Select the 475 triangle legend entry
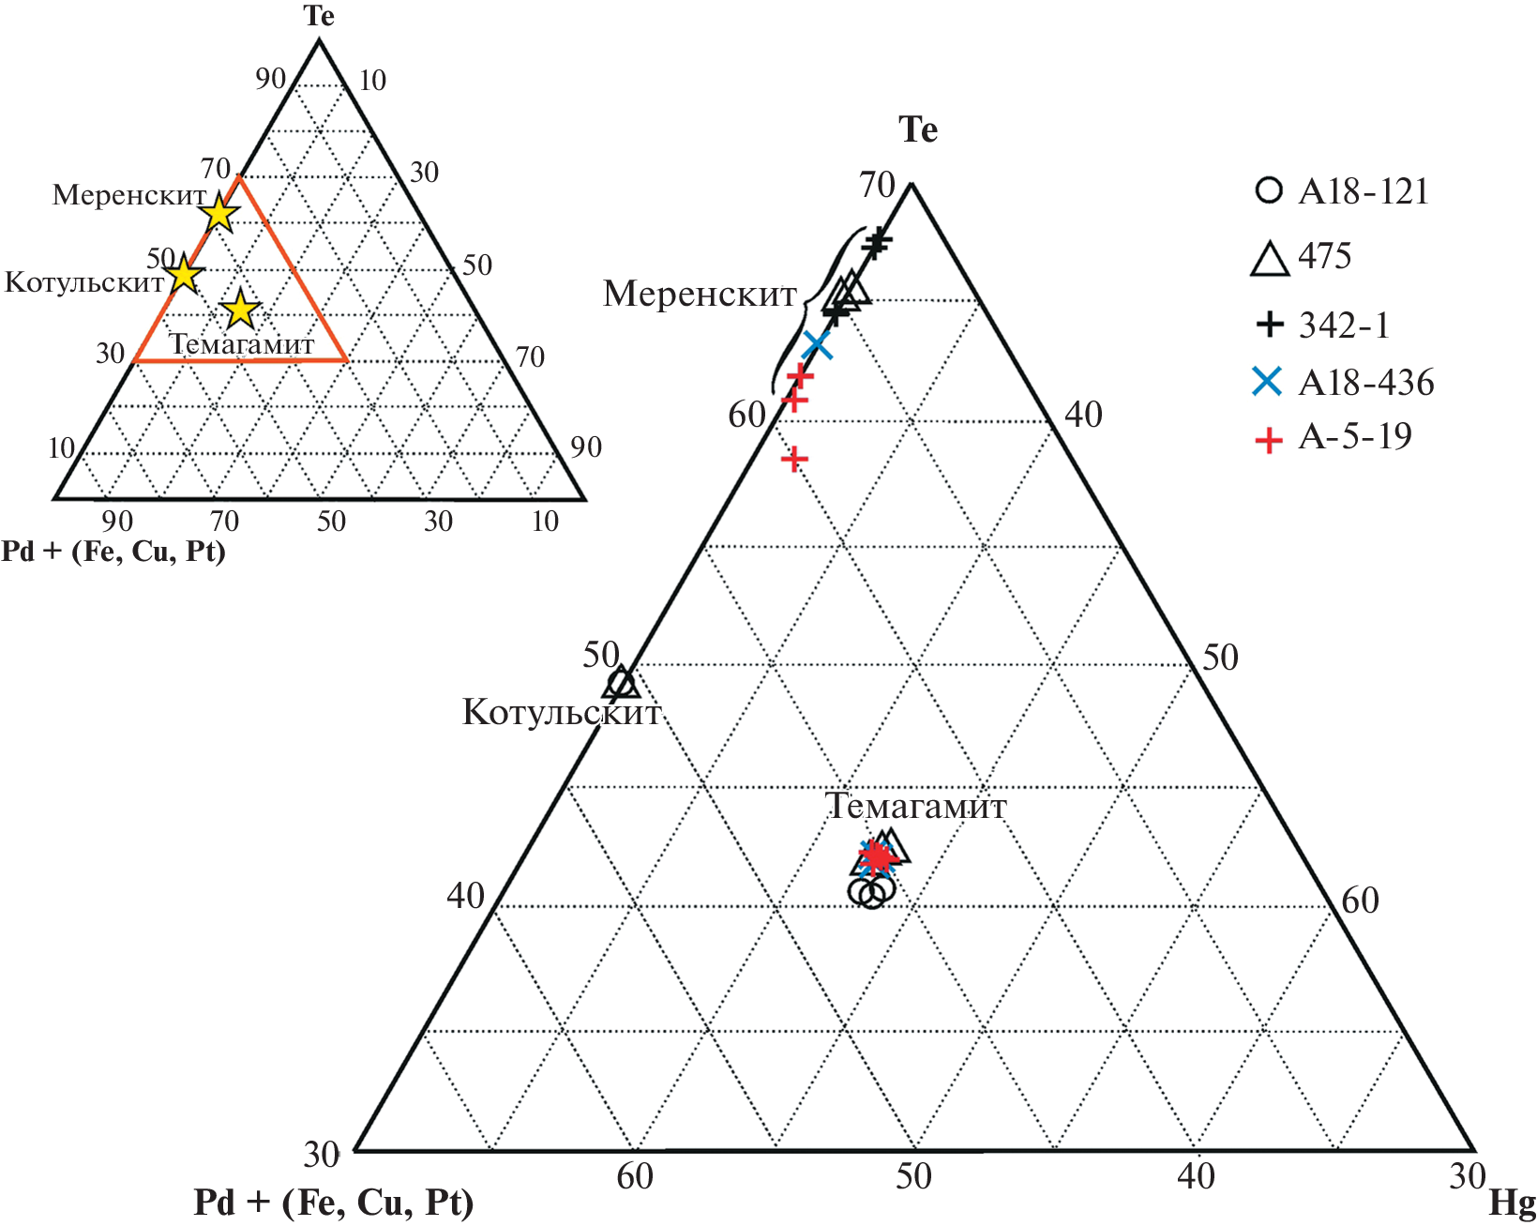click(x=1302, y=257)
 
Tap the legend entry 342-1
click(x=1323, y=325)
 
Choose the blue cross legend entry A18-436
click(x=1343, y=382)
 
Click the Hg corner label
click(x=1512, y=1203)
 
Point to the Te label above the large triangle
click(x=918, y=130)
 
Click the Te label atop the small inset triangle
click(x=319, y=16)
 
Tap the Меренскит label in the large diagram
click(x=700, y=294)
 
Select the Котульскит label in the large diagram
click(x=562, y=712)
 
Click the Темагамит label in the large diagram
click(x=916, y=806)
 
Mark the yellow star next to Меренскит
click(x=220, y=213)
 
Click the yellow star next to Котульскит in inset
click(x=184, y=273)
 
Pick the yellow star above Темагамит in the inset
click(x=240, y=309)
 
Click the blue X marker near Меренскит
click(x=817, y=346)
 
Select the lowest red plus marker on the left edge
click(x=794, y=459)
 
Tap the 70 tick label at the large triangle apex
click(x=877, y=185)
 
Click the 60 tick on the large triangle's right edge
click(x=1360, y=901)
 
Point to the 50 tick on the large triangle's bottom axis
click(x=913, y=1176)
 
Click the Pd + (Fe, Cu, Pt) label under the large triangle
click(x=334, y=1203)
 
